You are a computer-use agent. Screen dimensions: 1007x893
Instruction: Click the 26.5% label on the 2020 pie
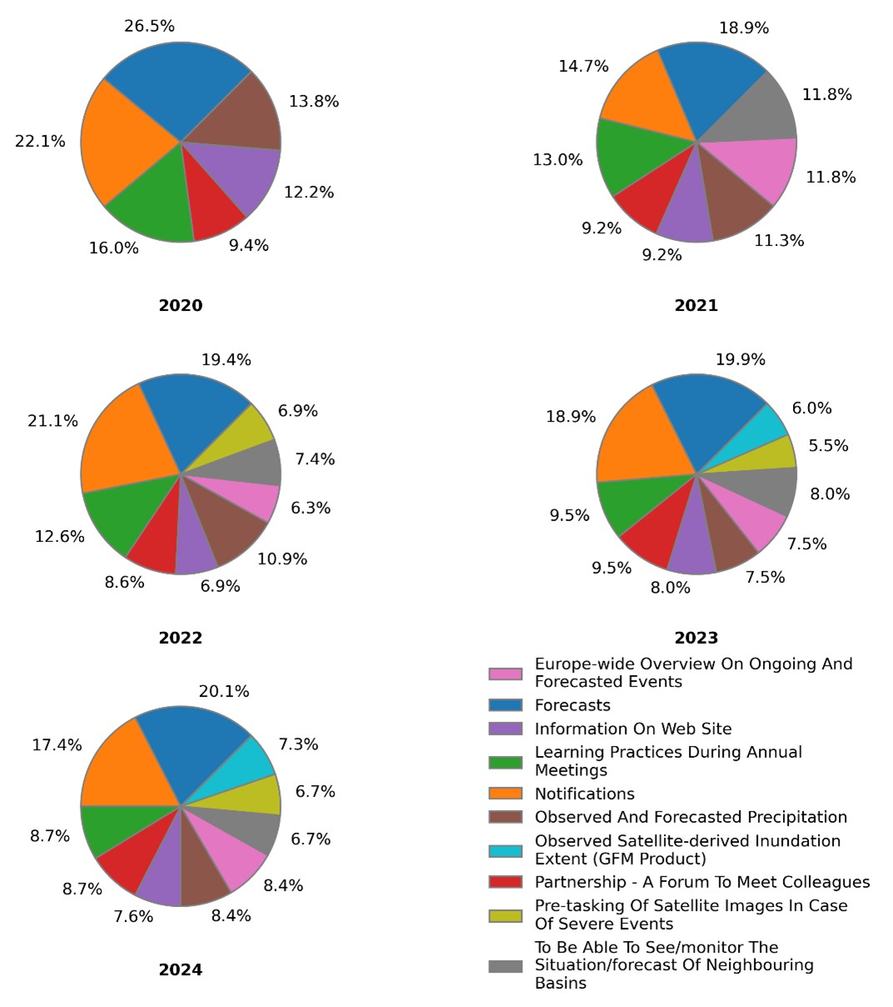(x=149, y=27)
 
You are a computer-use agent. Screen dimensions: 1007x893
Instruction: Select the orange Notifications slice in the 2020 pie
(x=125, y=142)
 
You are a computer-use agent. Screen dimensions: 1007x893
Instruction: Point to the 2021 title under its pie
(x=696, y=305)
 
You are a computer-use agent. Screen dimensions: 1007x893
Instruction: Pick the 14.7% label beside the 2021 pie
(x=583, y=67)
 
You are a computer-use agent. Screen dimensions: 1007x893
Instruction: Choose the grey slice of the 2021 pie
(x=758, y=113)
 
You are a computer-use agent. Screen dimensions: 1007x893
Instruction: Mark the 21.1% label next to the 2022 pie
(x=52, y=421)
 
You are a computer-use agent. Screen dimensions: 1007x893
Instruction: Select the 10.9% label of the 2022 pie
(x=282, y=559)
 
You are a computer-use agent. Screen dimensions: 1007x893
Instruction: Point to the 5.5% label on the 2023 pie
(x=828, y=446)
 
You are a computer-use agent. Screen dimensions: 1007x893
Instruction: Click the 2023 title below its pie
(x=696, y=638)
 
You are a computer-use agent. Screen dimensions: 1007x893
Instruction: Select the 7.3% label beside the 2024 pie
(x=298, y=744)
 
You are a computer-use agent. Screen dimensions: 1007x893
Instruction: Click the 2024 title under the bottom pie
(x=180, y=969)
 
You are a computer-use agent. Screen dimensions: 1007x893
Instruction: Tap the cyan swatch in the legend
(x=506, y=850)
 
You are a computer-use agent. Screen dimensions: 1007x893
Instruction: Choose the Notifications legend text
(x=584, y=794)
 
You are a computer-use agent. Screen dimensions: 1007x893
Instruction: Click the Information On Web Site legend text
(x=633, y=729)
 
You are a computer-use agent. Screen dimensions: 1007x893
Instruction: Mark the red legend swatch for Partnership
(x=506, y=882)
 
